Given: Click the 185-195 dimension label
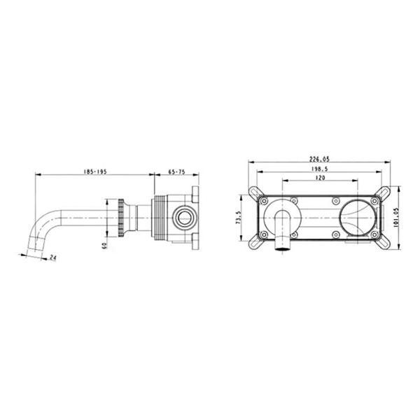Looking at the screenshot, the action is click(x=95, y=171).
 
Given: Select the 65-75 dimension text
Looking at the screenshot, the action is click(x=176, y=171).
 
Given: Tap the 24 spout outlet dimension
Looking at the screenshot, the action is click(x=53, y=258).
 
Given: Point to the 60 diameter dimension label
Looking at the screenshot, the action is click(x=104, y=245).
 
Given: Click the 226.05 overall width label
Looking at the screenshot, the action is click(x=320, y=159).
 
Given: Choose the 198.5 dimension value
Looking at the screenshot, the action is click(x=320, y=169).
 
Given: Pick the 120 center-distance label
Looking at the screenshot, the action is click(x=321, y=178).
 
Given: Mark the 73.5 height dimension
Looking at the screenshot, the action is click(x=239, y=217).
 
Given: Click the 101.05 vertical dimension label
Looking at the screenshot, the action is click(x=396, y=218).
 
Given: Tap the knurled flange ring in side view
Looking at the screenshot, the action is click(x=121, y=218).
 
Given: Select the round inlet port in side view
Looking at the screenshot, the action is click(x=185, y=218).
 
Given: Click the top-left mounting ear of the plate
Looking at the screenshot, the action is click(x=255, y=193).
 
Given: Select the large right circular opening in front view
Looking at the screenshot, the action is click(x=357, y=218).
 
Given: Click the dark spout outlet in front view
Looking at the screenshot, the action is click(x=283, y=249).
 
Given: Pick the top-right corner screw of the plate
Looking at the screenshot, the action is click(x=374, y=201).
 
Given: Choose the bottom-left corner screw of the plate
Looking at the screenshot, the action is click(x=264, y=235).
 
